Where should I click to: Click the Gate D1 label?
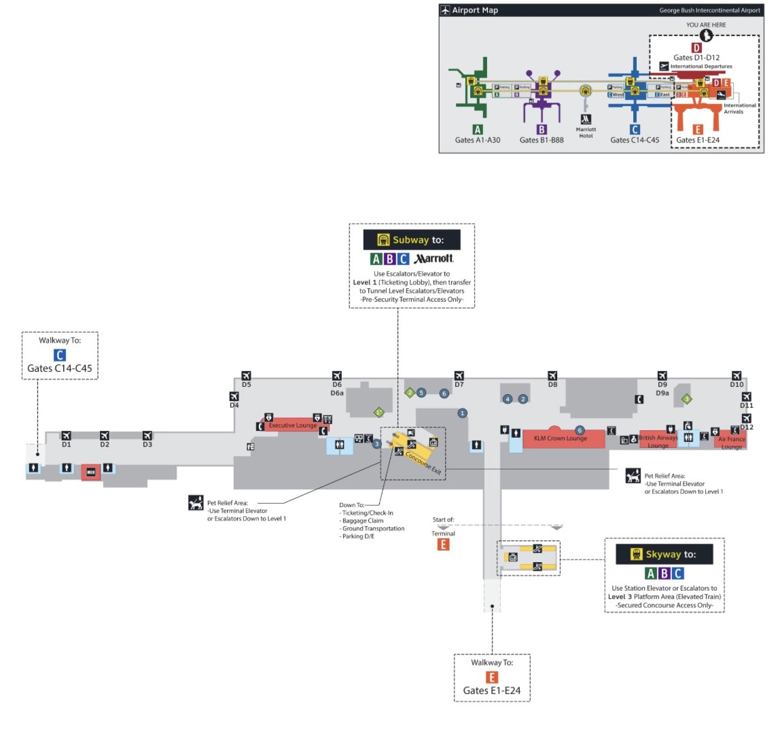(66, 445)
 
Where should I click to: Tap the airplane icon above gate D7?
(459, 376)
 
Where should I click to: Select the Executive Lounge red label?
(292, 425)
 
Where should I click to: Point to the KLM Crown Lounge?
(561, 438)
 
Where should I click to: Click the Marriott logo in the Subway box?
(434, 258)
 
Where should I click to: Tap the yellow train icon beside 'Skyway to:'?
(637, 554)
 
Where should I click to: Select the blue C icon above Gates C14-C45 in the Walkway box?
(60, 355)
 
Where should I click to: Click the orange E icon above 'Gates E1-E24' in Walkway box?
(492, 677)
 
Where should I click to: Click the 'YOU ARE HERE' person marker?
(706, 35)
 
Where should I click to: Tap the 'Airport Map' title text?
(475, 10)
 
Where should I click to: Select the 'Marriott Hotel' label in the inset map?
(586, 133)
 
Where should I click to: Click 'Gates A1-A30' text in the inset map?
(478, 140)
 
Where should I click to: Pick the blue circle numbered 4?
(508, 399)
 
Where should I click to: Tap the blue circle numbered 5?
(421, 393)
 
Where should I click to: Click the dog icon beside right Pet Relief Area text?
(633, 476)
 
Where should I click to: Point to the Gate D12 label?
(747, 427)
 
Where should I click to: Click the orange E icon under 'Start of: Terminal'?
(443, 544)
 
